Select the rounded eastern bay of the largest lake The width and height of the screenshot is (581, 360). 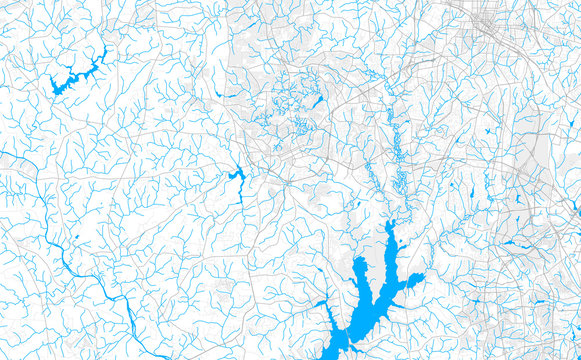click(414, 282)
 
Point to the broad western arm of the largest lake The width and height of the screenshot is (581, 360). click(359, 269)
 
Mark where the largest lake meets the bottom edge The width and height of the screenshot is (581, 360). click(334, 355)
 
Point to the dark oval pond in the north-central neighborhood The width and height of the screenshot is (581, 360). click(317, 102)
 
